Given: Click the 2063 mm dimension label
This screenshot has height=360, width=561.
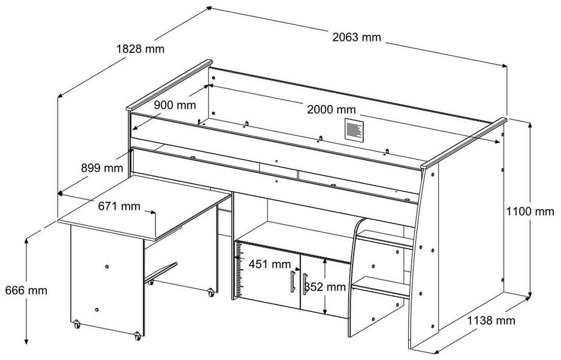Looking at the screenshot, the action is tap(357, 37).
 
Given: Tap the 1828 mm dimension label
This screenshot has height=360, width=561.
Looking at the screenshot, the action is tap(140, 48).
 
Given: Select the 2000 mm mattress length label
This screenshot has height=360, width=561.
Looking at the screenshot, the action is tap(331, 109).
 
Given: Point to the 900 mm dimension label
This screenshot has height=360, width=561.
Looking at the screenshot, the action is tap(175, 105).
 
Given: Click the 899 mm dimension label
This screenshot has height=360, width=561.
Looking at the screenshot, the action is tap(102, 168).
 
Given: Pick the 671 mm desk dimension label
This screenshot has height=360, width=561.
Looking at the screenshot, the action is tap(119, 206).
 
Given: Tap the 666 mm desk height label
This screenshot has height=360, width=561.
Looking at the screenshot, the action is tap(26, 290).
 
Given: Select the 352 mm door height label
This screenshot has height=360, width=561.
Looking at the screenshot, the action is tap(325, 287).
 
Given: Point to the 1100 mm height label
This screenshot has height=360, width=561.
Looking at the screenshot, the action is tap(530, 211).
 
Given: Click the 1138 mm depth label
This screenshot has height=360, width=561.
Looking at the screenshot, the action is tap(491, 321).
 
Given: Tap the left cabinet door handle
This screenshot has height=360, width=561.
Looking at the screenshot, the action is tap(293, 282).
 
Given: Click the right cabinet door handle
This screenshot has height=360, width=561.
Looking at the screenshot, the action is tap(305, 284).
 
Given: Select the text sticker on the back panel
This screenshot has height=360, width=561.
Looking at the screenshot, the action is tap(354, 129).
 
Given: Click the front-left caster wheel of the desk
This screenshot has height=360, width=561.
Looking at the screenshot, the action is tap(76, 325).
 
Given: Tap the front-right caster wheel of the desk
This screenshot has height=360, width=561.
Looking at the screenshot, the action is tap(137, 337).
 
